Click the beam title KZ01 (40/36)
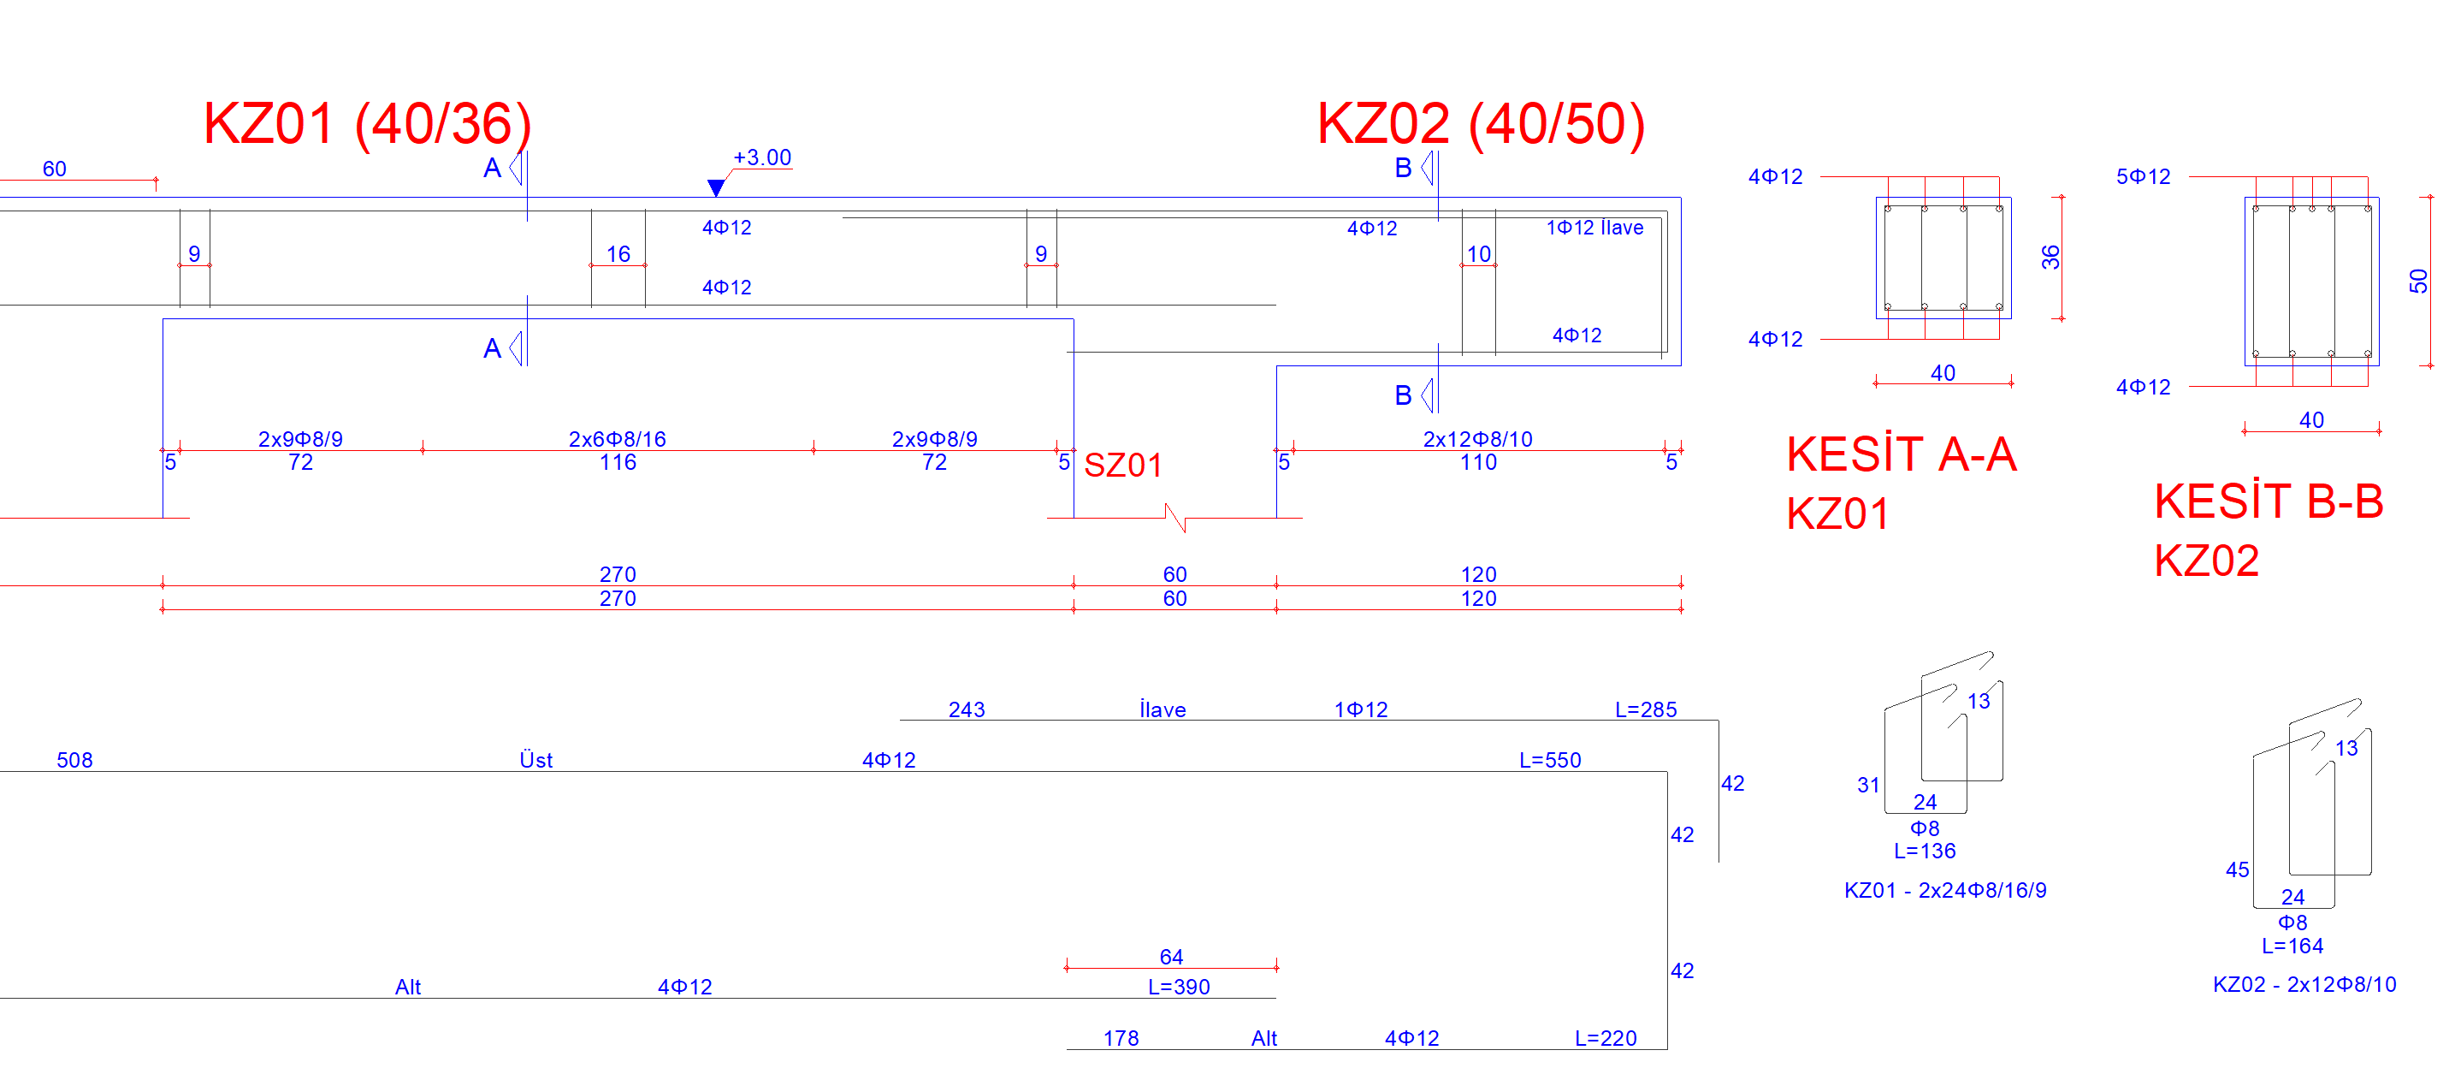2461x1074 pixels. pos(368,124)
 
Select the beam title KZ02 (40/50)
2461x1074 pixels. pos(1481,124)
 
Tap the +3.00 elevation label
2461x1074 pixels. pos(762,157)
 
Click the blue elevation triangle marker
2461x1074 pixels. pos(716,187)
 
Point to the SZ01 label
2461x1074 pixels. pos(1123,466)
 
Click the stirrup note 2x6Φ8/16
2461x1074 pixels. pos(617,438)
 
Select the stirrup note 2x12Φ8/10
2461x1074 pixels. pos(1478,438)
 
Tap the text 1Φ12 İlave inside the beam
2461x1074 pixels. pos(1594,228)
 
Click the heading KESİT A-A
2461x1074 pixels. pos(1902,454)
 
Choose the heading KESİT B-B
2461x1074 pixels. pos(2269,501)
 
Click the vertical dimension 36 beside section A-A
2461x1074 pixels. pos(2050,257)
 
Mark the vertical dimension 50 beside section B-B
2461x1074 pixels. pos(2418,281)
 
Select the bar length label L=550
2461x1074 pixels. pos(1551,760)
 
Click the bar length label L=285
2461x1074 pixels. pos(1646,709)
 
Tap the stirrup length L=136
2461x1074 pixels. pos(1924,851)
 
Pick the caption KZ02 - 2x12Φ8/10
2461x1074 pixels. pos(2304,984)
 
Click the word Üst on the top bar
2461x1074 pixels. pos(536,760)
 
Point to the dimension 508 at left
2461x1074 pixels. pos(74,760)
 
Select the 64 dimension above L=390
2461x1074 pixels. pos(1171,957)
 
